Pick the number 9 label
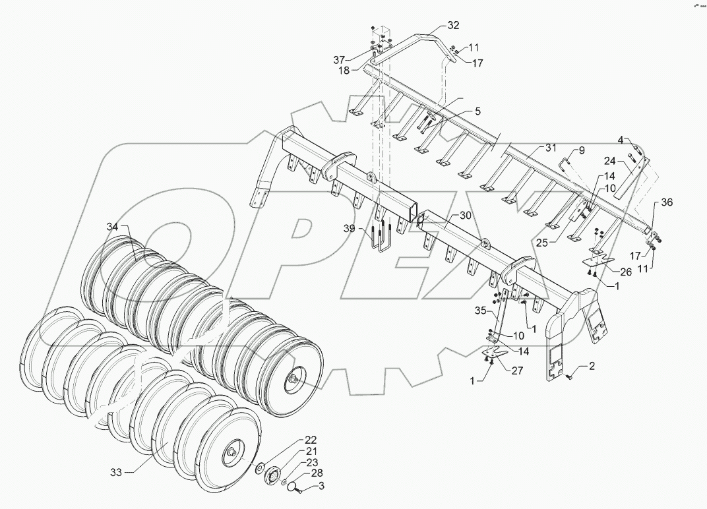[581, 150]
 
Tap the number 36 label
[667, 203]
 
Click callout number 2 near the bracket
[592, 366]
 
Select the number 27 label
[516, 371]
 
